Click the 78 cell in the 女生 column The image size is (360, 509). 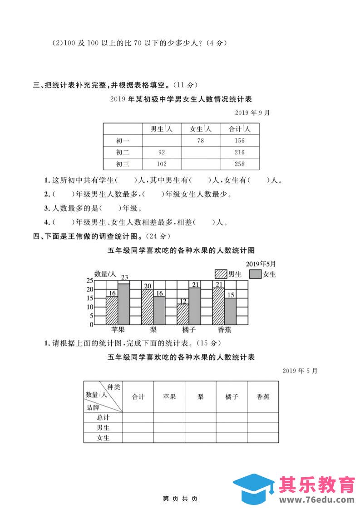(x=200, y=141)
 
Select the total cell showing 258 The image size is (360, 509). (x=239, y=164)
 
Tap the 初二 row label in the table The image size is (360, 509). (x=123, y=152)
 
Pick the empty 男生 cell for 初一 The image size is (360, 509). (x=161, y=141)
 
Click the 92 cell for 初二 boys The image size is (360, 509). (x=161, y=152)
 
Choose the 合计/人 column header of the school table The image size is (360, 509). (x=239, y=129)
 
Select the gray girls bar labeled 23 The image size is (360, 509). (x=124, y=304)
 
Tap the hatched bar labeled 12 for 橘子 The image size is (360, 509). (x=183, y=314)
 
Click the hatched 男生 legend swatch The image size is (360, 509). (x=221, y=274)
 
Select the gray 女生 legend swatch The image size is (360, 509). (x=256, y=274)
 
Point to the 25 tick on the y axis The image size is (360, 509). (x=90, y=280)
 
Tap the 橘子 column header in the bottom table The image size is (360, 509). (x=232, y=396)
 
